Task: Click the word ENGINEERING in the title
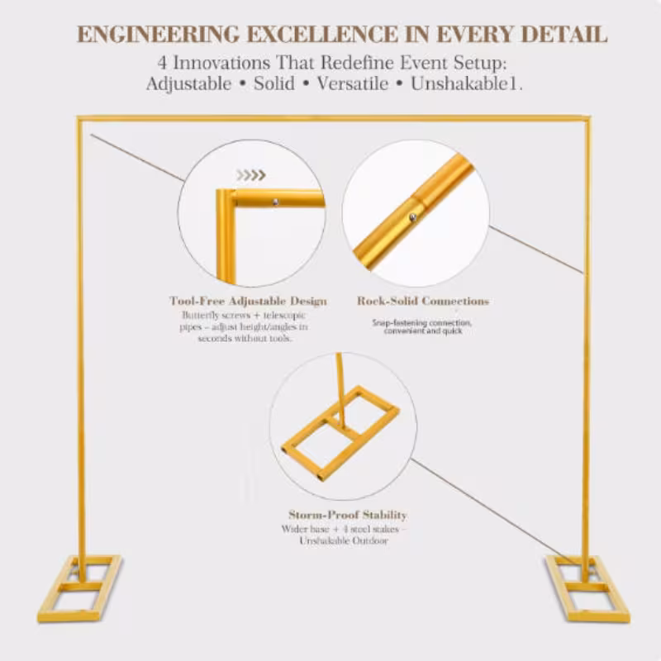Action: pyautogui.click(x=158, y=35)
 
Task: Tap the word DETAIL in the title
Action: pyautogui.click(x=564, y=35)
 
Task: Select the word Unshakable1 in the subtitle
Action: pyautogui.click(x=467, y=83)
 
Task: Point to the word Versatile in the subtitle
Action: pyautogui.click(x=353, y=83)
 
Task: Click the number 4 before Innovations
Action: pyautogui.click(x=162, y=63)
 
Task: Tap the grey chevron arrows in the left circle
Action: pyautogui.click(x=251, y=175)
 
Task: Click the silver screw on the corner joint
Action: pyautogui.click(x=276, y=202)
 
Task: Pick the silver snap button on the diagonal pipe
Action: pyautogui.click(x=413, y=217)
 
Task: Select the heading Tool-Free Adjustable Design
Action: pyautogui.click(x=248, y=301)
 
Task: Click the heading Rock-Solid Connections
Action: pyautogui.click(x=423, y=301)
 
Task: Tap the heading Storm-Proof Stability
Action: pyautogui.click(x=348, y=515)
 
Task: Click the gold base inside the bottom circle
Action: pyautogui.click(x=340, y=433)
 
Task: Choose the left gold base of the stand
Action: pyautogui.click(x=79, y=588)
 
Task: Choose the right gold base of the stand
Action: pyautogui.click(x=587, y=588)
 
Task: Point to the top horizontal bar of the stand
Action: pyautogui.click(x=334, y=118)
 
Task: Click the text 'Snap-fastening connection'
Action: pyautogui.click(x=421, y=323)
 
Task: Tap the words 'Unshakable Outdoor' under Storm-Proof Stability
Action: pyautogui.click(x=344, y=541)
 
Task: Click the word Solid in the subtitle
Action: pyautogui.click(x=274, y=83)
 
